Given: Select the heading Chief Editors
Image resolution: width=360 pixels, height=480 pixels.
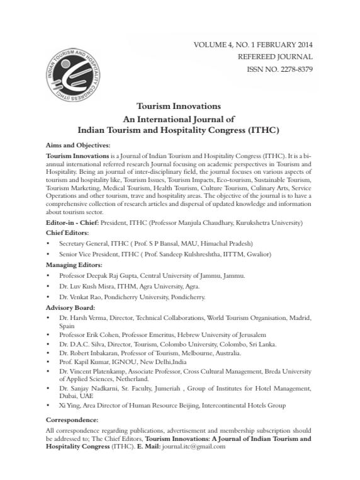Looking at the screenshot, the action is tap(67, 232).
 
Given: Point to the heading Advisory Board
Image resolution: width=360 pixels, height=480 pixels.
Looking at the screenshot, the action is tap(70, 307).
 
